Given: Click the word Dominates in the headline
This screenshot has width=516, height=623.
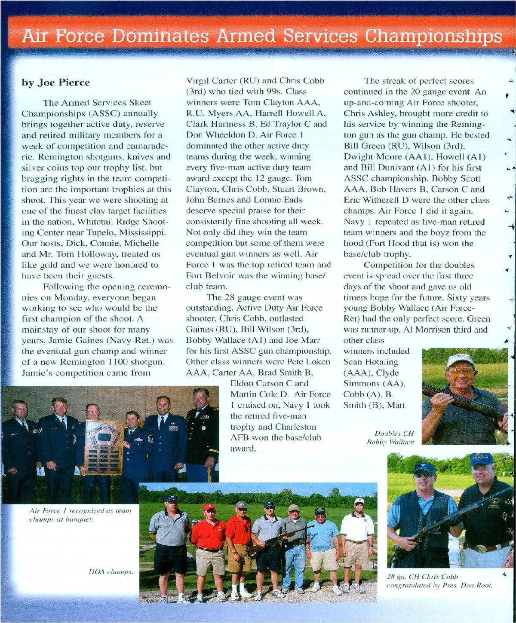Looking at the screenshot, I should (161, 36).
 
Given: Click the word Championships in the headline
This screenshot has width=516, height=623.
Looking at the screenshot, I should (433, 36).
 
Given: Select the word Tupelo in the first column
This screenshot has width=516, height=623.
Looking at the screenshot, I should (100, 232).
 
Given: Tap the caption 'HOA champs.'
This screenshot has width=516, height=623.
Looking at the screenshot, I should (111, 571).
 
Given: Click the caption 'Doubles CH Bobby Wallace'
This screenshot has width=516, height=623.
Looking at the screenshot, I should (390, 438).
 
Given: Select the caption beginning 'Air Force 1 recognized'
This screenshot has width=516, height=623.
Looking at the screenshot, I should (80, 515).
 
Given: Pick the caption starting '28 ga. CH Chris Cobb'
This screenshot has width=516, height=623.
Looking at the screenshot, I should (439, 581).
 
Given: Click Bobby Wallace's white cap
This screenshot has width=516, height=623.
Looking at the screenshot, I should (460, 360).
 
